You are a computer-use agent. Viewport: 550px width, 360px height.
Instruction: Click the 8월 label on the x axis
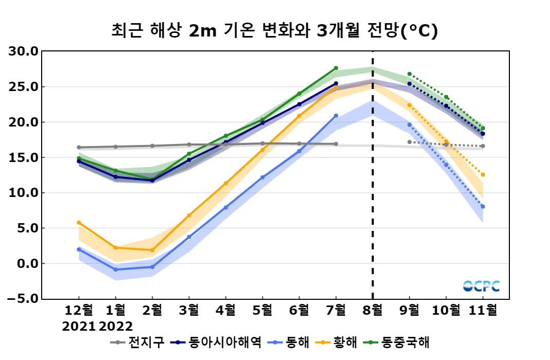(x=373, y=310)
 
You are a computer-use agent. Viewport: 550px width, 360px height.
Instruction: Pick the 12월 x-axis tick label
(x=79, y=310)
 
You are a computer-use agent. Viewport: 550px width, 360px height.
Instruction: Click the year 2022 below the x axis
(x=116, y=326)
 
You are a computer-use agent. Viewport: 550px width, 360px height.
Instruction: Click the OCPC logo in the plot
(x=481, y=286)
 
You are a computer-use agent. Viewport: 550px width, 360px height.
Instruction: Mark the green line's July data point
(x=336, y=68)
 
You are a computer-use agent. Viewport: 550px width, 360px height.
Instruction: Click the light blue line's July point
(x=336, y=116)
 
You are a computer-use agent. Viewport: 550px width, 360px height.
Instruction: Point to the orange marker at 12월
(x=79, y=223)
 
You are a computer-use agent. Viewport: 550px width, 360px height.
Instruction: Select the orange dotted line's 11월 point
(x=482, y=175)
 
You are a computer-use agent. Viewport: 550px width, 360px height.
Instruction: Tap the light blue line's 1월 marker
(x=116, y=269)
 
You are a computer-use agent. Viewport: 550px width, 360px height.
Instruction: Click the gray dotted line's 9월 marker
(x=410, y=142)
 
